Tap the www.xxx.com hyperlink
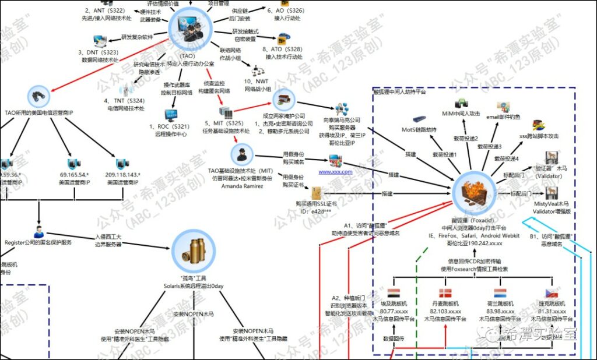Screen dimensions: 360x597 tap(335, 172)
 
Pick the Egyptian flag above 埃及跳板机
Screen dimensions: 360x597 tap(394, 293)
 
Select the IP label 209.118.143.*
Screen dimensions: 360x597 tap(123, 174)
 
